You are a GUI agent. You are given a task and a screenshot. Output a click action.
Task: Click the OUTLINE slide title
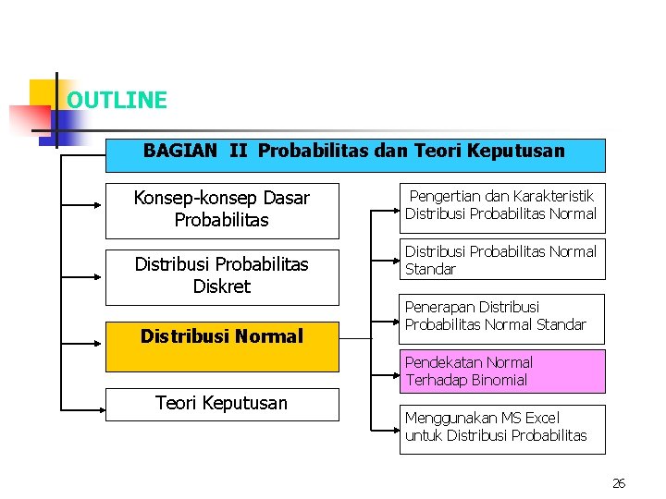[x=117, y=101]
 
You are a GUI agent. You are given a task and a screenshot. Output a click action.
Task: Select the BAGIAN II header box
[x=355, y=155]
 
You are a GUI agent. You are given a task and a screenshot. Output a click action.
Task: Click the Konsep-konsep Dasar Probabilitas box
[x=222, y=210]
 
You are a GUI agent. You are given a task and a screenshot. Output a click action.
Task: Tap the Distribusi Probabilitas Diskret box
[x=222, y=276]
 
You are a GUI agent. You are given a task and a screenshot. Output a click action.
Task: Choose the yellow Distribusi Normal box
[x=222, y=337]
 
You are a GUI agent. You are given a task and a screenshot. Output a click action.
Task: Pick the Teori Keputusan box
[x=222, y=404]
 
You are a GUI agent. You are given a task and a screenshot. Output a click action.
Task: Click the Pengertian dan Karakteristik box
[x=500, y=205]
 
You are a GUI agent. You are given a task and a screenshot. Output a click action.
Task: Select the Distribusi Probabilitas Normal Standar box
[x=500, y=261]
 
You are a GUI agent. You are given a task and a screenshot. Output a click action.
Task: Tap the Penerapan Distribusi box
[x=500, y=316]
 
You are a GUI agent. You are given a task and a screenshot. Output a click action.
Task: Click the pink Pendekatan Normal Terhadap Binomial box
[x=500, y=371]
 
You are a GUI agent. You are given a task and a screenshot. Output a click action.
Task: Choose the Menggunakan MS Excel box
[x=500, y=428]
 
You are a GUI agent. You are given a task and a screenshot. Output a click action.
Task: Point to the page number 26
[x=619, y=483]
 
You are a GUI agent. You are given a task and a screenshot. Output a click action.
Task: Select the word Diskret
[x=222, y=286]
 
